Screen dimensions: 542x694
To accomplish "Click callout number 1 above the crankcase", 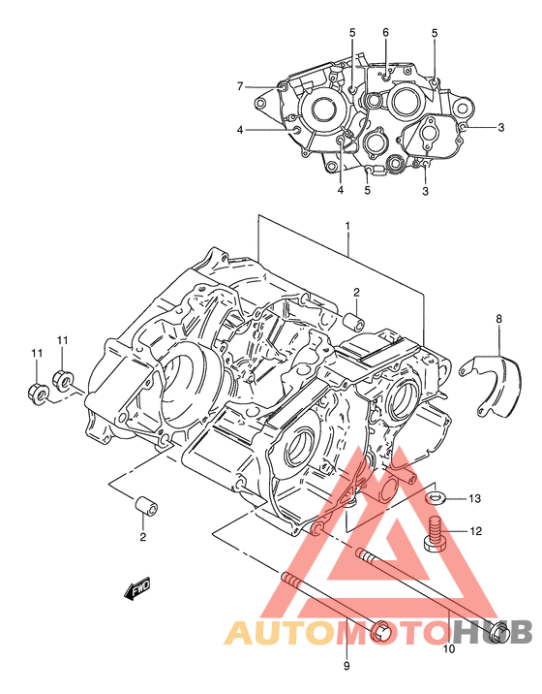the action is [x=347, y=226].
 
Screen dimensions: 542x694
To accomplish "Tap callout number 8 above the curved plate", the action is [x=498, y=318].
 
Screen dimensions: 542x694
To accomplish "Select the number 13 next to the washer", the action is [x=474, y=499].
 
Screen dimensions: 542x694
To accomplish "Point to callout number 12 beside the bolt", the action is [x=475, y=531].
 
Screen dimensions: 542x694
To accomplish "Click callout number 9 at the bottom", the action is [x=346, y=666].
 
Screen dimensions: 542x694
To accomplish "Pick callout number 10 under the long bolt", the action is [x=449, y=648].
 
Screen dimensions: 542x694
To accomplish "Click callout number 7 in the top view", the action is [x=240, y=86].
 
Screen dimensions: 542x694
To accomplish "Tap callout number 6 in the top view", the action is [x=385, y=32].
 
